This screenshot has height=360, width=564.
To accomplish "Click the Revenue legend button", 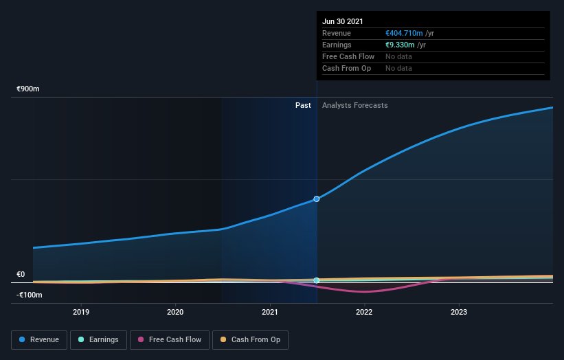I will pyautogui.click(x=38, y=339).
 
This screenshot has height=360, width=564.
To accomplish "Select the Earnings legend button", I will pyautogui.click(x=98, y=339).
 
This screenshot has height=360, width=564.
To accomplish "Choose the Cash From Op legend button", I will pyautogui.click(x=250, y=339).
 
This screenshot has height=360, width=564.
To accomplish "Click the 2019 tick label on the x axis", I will pyautogui.click(x=81, y=312).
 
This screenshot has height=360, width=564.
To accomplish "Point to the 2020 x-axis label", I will pyautogui.click(x=175, y=312).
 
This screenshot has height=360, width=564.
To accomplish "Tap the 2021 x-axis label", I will pyautogui.click(x=270, y=312).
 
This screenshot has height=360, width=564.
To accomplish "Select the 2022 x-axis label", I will pyautogui.click(x=364, y=312).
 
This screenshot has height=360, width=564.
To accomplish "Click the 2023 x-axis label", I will pyautogui.click(x=459, y=312).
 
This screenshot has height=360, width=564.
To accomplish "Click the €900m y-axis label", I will pyautogui.click(x=29, y=89).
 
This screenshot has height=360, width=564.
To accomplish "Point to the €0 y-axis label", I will pyautogui.click(x=21, y=274).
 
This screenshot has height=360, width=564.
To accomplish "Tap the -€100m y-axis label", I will pyautogui.click(x=29, y=295).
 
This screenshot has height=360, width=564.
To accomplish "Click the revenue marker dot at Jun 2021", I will pyautogui.click(x=317, y=199).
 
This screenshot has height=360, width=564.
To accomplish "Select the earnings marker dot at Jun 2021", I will pyautogui.click(x=317, y=280).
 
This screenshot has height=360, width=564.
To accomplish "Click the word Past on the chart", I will pyautogui.click(x=303, y=105).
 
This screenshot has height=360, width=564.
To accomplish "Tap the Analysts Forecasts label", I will pyautogui.click(x=355, y=105).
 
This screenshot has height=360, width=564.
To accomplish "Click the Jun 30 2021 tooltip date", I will pyautogui.click(x=343, y=21).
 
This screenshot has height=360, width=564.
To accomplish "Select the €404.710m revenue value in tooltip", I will pyautogui.click(x=404, y=33).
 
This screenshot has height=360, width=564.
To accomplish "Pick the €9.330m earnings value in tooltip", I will pyautogui.click(x=400, y=45).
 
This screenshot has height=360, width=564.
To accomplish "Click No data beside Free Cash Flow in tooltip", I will pyautogui.click(x=398, y=56).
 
